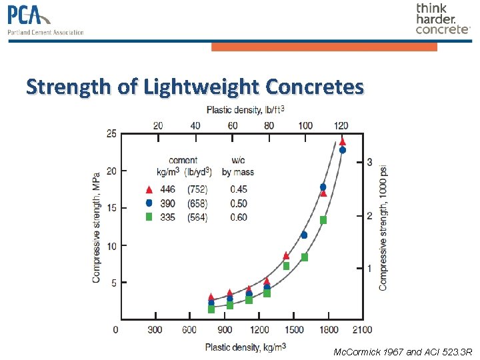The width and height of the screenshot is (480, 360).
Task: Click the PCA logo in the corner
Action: tap(45, 20)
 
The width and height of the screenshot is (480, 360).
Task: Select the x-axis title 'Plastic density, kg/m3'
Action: tap(245, 347)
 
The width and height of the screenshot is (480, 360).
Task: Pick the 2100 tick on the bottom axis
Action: tap(362, 330)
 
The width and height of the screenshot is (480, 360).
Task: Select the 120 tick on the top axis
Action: tap(341, 125)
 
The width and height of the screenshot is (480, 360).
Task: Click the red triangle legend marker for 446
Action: tap(149, 189)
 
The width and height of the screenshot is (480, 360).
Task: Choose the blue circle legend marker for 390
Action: tap(149, 203)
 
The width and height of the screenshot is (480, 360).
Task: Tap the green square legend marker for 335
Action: tap(149, 217)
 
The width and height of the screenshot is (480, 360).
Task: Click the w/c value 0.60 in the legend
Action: tap(238, 217)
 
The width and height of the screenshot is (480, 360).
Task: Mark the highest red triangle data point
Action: tap(342, 141)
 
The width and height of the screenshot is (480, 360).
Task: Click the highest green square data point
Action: tap(323, 220)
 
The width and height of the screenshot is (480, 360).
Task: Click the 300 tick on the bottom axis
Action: tap(155, 330)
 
